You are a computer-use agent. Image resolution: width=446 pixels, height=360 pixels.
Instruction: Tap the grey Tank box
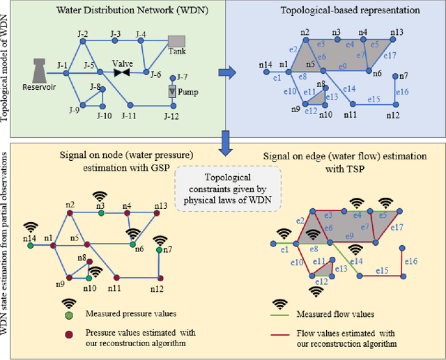176,42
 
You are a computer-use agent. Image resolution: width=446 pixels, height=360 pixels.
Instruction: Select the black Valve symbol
123,71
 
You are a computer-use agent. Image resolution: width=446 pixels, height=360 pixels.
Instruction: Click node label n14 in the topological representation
265,65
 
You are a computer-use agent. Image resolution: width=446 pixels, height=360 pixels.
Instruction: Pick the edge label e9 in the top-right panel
342,66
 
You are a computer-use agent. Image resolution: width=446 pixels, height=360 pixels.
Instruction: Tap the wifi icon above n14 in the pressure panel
29,226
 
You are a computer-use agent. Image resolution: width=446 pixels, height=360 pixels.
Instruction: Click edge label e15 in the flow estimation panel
382,269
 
